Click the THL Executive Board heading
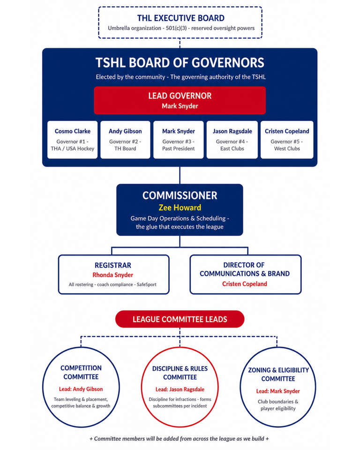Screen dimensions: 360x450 point(180,18)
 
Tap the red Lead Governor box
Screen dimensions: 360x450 point(180,100)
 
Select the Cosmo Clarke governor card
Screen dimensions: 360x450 point(72,140)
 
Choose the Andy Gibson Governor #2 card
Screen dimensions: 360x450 point(125,140)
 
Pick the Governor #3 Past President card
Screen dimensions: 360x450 point(178,140)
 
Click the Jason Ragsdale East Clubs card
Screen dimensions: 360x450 point(232,140)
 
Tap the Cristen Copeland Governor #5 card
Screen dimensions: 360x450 point(287,140)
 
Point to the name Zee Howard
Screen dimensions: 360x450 point(180,208)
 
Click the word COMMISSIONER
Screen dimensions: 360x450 point(180,195)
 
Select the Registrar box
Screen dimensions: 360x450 point(114,274)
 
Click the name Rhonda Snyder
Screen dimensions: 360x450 point(113,275)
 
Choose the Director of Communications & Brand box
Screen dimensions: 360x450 point(246,274)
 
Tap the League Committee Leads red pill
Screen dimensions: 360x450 point(180,319)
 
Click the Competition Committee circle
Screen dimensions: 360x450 point(81,387)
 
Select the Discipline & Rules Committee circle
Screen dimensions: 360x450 point(180,387)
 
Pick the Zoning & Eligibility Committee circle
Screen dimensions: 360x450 point(278,387)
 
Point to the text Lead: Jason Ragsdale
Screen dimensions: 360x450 point(180,390)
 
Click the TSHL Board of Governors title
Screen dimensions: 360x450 point(180,62)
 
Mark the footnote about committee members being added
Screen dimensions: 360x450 point(179,439)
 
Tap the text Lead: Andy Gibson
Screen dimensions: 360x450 point(81,389)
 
